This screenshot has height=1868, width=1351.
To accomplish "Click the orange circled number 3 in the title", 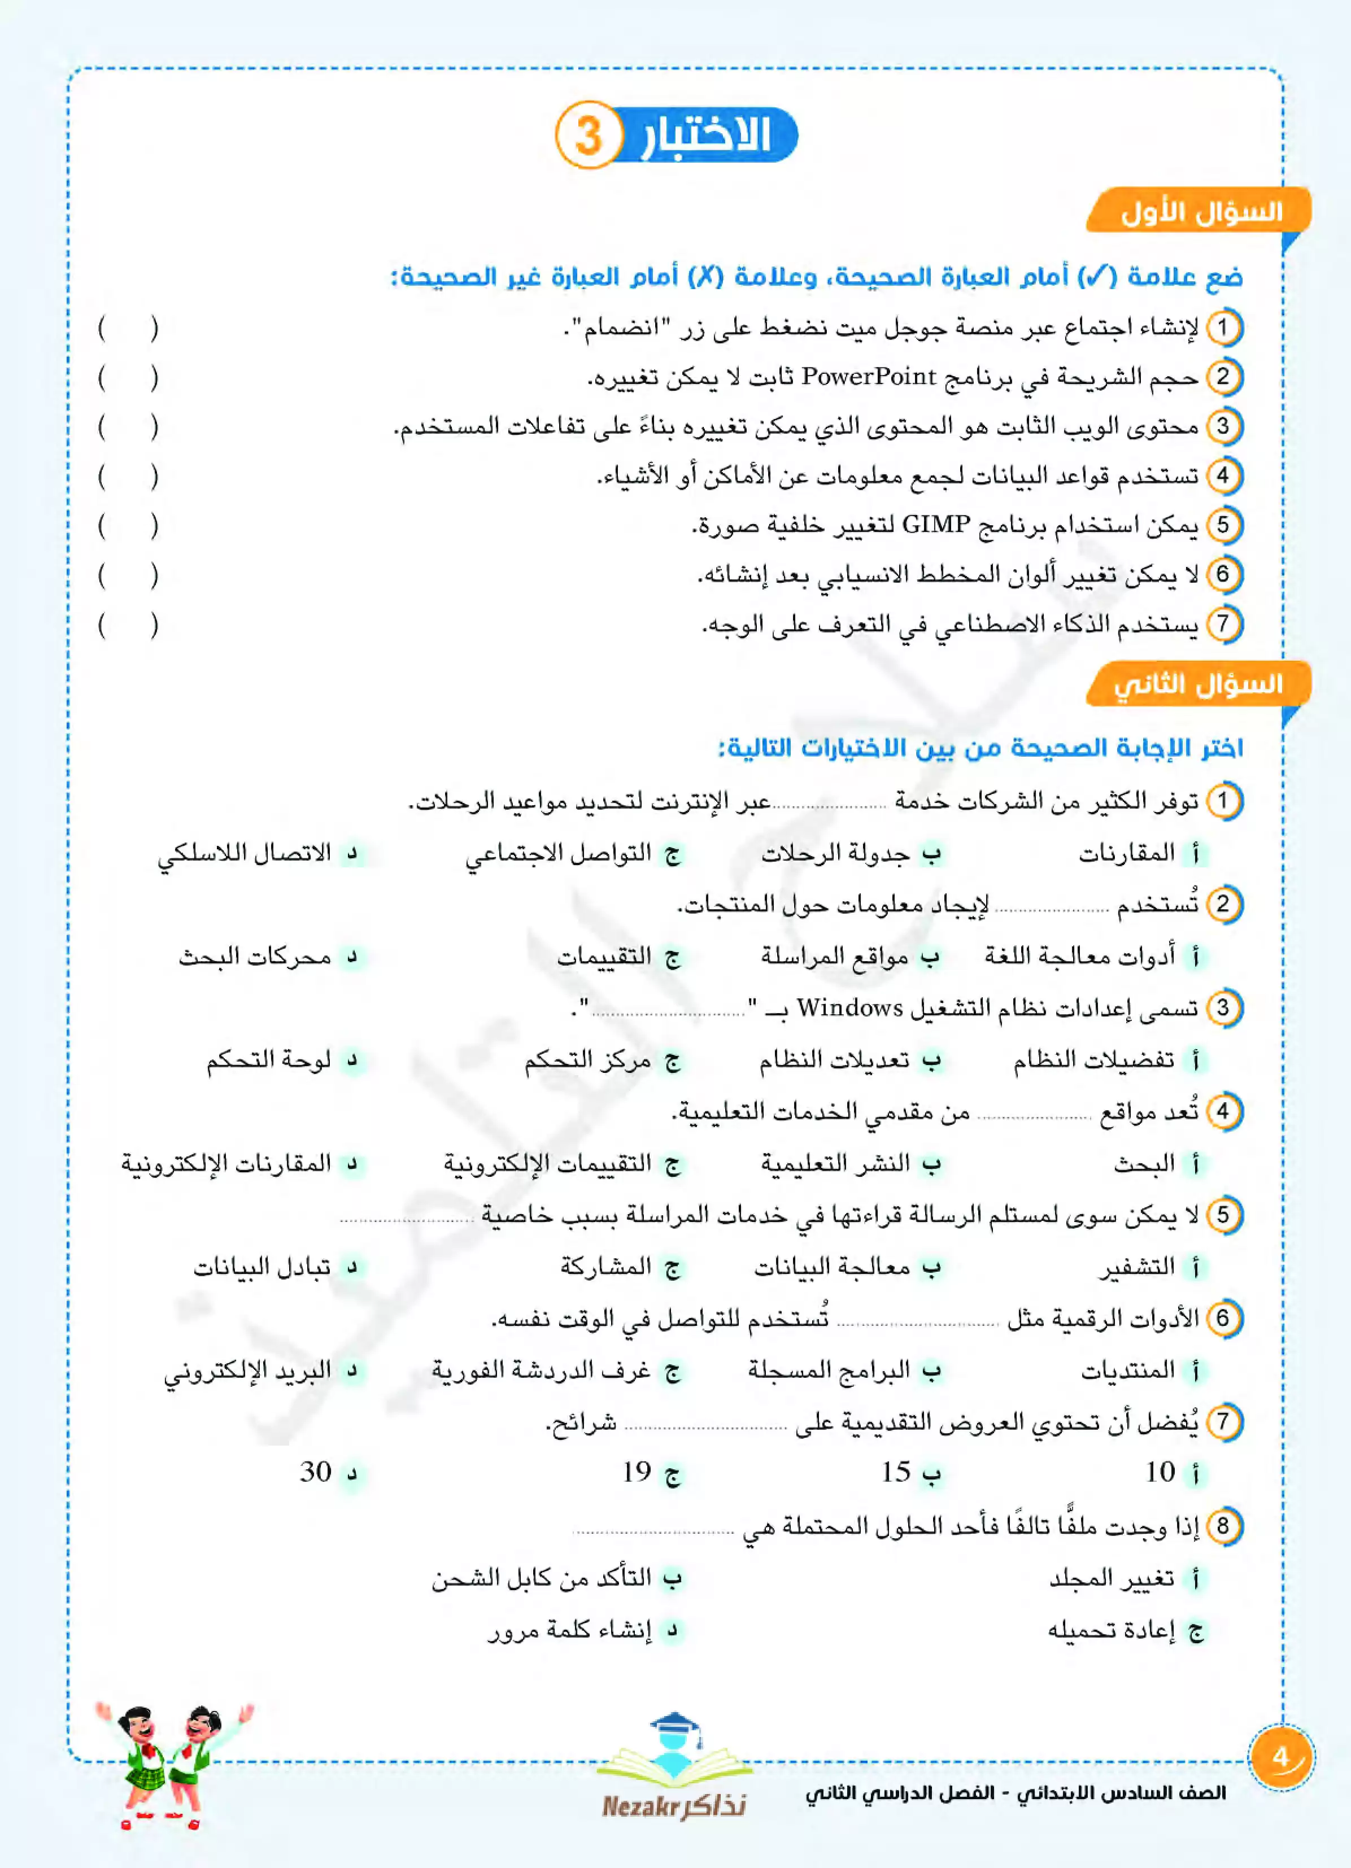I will [x=587, y=135].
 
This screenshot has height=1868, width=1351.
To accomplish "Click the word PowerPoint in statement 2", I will [x=868, y=377].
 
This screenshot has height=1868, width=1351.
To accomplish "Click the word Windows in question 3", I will [x=850, y=1007].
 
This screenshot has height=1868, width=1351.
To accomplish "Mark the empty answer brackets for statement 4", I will [x=128, y=476].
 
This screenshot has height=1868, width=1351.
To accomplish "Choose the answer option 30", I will [x=316, y=1472].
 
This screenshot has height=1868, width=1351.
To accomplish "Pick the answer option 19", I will [x=637, y=1472].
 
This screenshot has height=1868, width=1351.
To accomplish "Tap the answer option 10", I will [x=1160, y=1472].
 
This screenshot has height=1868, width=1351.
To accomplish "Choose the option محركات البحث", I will [x=255, y=956].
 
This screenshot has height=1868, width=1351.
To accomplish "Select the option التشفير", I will [x=1138, y=1267].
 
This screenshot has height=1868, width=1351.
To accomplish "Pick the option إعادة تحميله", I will [x=1112, y=1630].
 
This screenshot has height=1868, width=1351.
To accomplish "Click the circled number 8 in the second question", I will [x=1223, y=1525].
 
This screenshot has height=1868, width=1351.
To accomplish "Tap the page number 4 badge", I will [x=1281, y=1757].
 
